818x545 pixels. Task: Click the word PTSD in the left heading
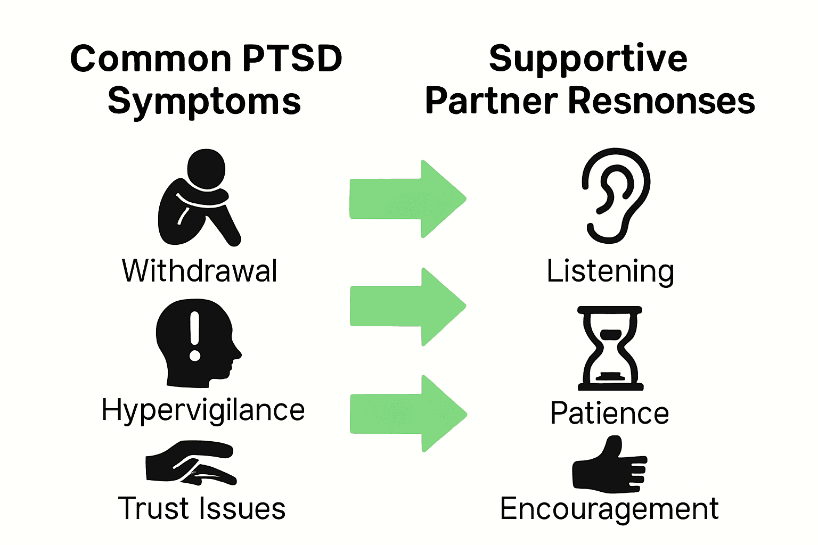[292, 59]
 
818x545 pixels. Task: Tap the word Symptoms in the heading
[204, 102]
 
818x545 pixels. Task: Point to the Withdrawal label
[200, 270]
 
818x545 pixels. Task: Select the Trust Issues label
[202, 508]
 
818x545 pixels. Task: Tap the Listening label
[610, 272]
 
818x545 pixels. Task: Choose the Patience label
[609, 413]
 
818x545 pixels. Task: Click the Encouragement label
[609, 509]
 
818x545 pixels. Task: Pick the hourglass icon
[610, 349]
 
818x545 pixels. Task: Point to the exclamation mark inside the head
[195, 336]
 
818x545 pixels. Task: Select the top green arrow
[408, 199]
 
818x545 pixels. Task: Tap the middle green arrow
[408, 307]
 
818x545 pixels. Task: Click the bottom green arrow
[408, 414]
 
